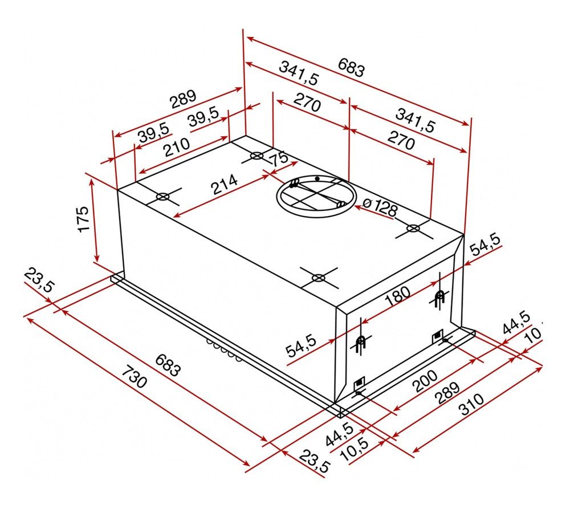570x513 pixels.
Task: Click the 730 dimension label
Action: pos(134,377)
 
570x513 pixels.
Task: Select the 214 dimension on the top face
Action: pos(225,184)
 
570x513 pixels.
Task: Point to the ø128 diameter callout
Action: pos(380,208)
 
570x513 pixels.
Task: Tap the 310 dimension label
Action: pos(471,404)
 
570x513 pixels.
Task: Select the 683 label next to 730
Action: pos(168,365)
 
